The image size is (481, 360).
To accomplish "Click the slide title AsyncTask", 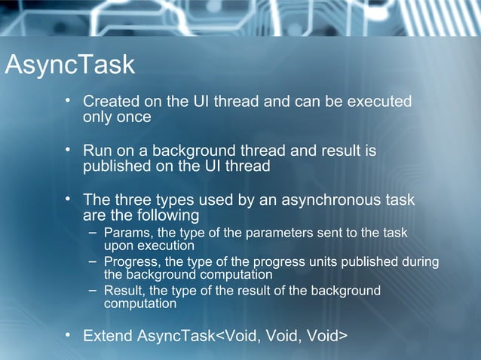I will (x=69, y=66).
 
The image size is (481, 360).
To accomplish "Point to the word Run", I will (x=97, y=151).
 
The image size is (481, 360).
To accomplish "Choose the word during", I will (x=418, y=261).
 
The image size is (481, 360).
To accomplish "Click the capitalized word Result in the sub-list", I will (x=122, y=291).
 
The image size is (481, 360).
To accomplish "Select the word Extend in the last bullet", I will (x=108, y=335).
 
